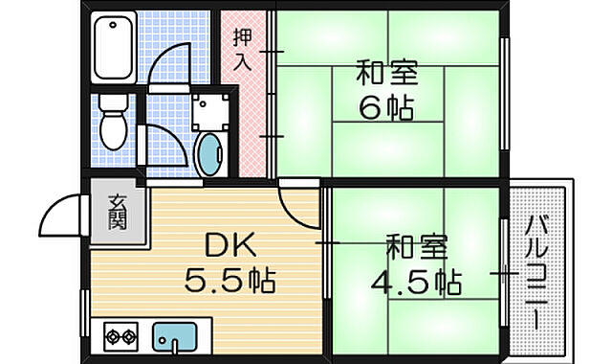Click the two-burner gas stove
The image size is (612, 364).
pyautogui.click(x=121, y=336)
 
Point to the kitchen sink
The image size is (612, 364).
pyautogui.click(x=175, y=336)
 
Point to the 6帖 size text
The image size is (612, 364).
pyautogui.click(x=386, y=107)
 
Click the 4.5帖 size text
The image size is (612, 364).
pyautogui.click(x=416, y=282)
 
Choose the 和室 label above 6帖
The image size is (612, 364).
pyautogui.click(x=387, y=73)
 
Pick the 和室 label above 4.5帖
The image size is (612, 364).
pyautogui.click(x=417, y=247)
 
